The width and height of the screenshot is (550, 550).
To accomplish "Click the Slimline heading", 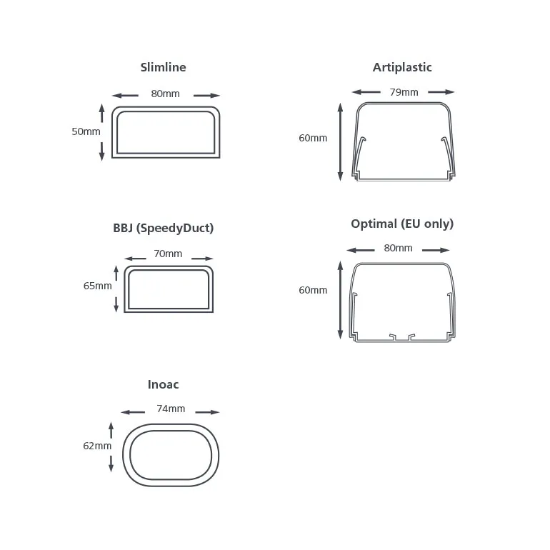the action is click(163, 67).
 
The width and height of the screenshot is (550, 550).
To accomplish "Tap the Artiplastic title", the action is click(402, 67).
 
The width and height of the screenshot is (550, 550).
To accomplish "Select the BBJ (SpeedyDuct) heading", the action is click(163, 228).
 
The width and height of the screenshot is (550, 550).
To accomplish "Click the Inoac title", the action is click(163, 384).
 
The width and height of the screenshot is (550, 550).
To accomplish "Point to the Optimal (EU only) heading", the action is click(402, 224).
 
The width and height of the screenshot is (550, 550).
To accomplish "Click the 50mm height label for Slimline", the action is click(86, 131).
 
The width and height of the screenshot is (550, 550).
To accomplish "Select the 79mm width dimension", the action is click(404, 92).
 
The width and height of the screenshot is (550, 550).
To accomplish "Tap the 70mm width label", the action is click(168, 254).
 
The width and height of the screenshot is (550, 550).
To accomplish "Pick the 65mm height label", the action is click(98, 286).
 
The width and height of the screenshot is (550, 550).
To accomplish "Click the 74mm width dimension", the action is click(171, 409).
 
